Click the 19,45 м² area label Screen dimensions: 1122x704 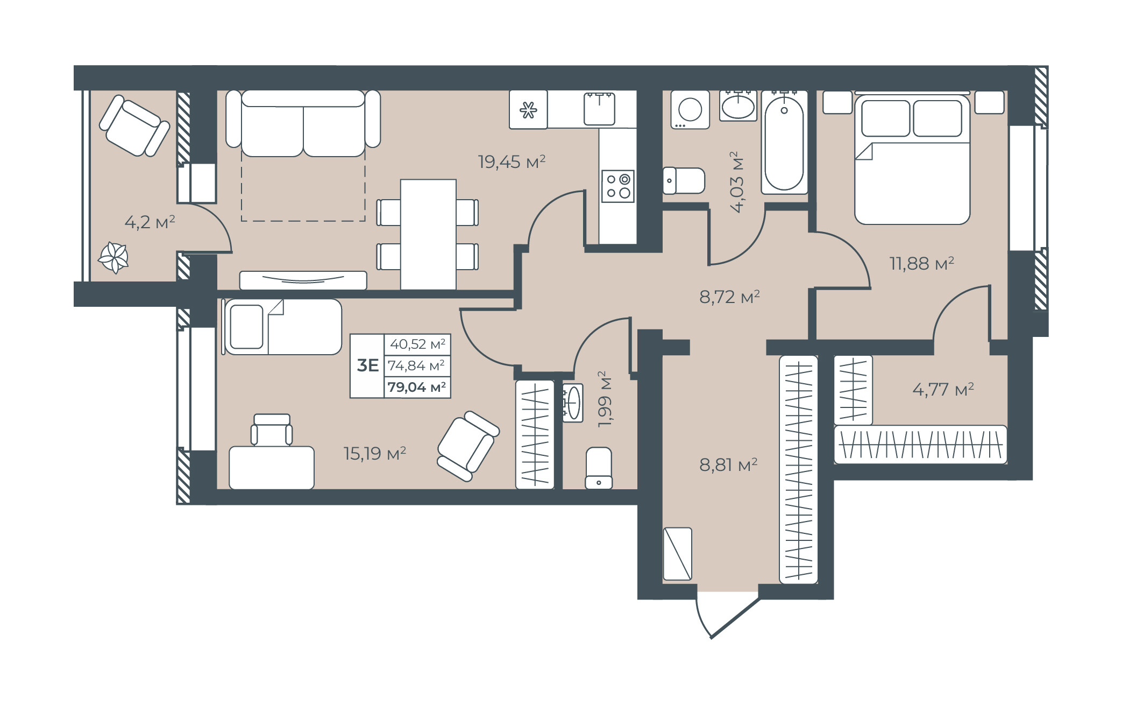coord(512,161)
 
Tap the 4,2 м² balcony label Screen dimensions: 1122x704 coord(150,222)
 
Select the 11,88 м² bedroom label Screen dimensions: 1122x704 coord(921,263)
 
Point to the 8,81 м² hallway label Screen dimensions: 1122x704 coord(728,464)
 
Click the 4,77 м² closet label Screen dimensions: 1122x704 coord(943,389)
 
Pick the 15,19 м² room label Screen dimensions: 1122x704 coord(375,453)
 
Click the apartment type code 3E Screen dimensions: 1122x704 coord(368,365)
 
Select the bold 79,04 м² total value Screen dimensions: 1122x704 coord(417,387)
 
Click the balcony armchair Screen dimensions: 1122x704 coord(134,126)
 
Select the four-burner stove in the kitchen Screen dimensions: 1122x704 coord(618,186)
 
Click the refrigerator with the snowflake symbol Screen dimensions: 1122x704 coord(528,110)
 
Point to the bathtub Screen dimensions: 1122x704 coord(784,142)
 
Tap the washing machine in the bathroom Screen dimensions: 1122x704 coord(690,110)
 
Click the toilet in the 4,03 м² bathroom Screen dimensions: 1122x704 coord(684,180)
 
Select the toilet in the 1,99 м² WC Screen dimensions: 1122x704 coord(599,468)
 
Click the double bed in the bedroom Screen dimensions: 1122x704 coord(912,160)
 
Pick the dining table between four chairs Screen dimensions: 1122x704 coord(428,235)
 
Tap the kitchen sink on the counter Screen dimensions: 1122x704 coord(599,109)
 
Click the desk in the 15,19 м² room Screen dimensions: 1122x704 coord(272,468)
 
